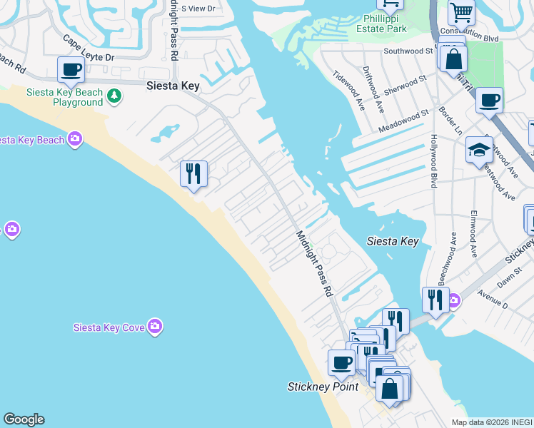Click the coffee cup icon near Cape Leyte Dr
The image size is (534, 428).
point(71,70)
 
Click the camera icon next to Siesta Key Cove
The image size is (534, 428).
point(156,327)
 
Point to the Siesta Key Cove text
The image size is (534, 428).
point(109,328)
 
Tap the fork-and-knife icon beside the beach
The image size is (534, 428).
point(193,173)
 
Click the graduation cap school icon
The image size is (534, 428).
point(478,150)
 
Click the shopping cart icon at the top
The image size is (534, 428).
point(461,11)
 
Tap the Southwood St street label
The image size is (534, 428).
point(408,51)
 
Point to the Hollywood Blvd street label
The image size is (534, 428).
point(433,161)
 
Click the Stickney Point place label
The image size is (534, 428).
point(322,387)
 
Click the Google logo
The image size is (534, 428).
point(24,419)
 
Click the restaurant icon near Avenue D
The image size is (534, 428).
point(435,300)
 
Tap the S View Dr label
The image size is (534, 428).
point(198,9)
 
